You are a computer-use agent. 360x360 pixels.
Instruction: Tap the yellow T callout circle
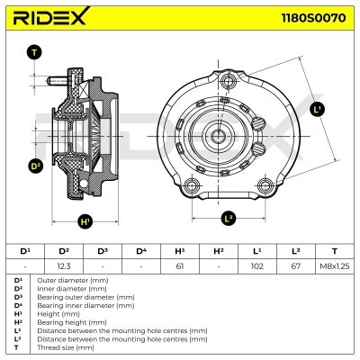(34, 53)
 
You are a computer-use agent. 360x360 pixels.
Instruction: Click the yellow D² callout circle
(36, 166)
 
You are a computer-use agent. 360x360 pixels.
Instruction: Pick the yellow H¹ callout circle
(85, 221)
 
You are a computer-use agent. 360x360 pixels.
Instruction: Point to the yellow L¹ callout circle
(317, 110)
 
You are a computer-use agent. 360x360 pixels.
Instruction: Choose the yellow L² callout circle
(228, 217)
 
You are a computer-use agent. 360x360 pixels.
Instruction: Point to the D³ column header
(102, 250)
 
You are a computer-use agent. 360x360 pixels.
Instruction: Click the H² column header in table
(218, 250)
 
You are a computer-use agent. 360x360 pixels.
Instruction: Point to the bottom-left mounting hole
(190, 186)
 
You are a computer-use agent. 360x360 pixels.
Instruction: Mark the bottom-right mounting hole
(265, 186)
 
